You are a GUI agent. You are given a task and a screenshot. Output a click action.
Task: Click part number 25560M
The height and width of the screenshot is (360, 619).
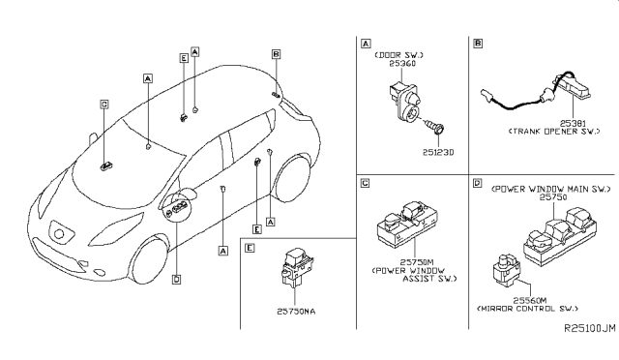(529, 300)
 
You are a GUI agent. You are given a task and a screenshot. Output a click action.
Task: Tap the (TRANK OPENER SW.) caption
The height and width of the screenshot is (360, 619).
(559, 133)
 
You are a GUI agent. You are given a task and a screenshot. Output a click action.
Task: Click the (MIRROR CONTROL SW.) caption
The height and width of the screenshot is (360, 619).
(530, 310)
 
